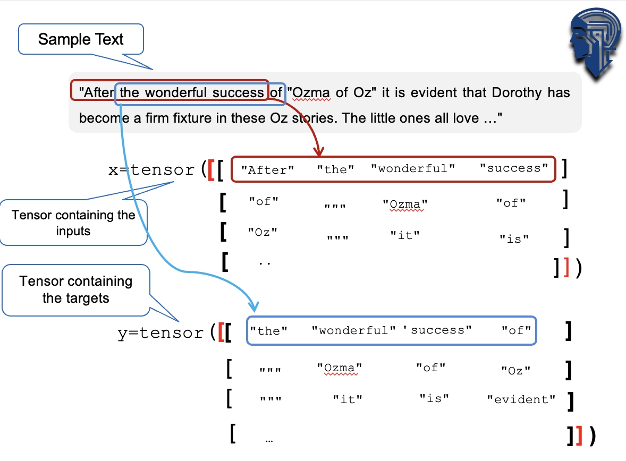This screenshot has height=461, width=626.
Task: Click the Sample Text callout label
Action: [81, 39]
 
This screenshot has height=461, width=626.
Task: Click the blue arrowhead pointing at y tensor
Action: [253, 306]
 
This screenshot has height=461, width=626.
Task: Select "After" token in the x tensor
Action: [267, 169]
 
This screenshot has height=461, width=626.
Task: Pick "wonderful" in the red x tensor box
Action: [413, 168]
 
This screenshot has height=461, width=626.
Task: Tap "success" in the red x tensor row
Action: [514, 168]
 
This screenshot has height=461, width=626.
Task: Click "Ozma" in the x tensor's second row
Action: [405, 204]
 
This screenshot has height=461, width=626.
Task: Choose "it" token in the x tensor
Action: [405, 235]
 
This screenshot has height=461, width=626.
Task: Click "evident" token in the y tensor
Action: [521, 399]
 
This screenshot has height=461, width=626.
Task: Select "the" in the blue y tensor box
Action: [269, 331]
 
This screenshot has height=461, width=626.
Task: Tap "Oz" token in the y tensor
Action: [516, 370]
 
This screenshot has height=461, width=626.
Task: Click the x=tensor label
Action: [151, 169]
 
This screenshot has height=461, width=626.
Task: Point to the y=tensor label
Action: [160, 332]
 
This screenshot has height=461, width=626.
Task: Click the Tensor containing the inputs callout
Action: [73, 223]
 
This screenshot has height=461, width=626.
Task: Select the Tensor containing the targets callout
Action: [76, 290]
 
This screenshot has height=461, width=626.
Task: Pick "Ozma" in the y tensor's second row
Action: [340, 368]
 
